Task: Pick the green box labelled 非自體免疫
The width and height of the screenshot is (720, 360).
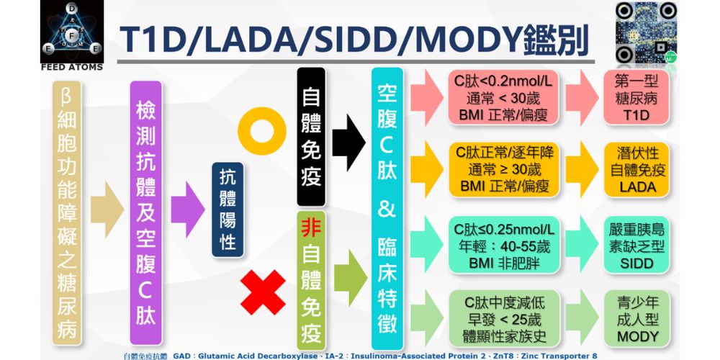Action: [310, 282]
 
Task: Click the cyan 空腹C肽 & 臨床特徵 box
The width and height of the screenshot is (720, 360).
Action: [387, 209]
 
